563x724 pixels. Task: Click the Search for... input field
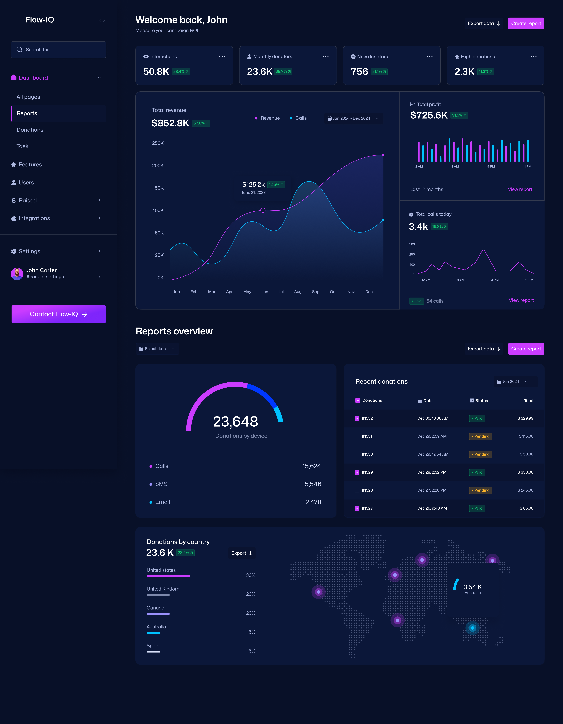[59, 50]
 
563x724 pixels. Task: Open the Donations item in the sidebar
[30, 130]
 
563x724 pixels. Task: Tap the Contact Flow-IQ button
[59, 314]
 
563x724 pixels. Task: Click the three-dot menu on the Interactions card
[222, 57]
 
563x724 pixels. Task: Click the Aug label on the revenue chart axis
[298, 292]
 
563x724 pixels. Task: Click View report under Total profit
[520, 189]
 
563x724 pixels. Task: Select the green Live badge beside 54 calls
[417, 301]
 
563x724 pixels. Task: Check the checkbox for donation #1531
[357, 437]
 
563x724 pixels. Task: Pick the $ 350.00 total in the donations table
[525, 472]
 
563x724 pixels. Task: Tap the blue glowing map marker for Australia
[472, 628]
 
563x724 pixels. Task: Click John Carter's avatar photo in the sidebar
[17, 274]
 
